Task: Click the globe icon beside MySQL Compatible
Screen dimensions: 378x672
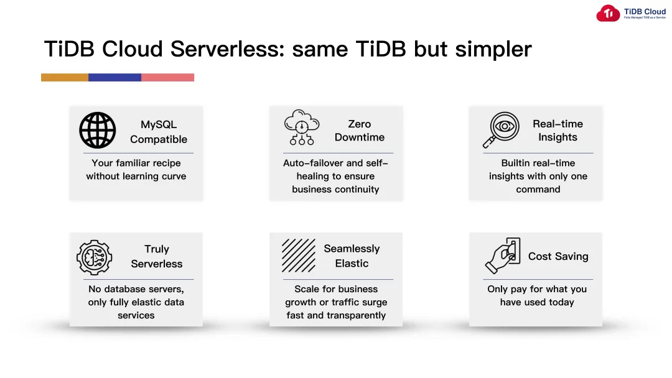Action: pyautogui.click(x=98, y=131)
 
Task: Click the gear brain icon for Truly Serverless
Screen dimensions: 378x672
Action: pyautogui.click(x=94, y=257)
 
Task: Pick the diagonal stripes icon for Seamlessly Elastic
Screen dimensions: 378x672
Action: pyautogui.click(x=299, y=256)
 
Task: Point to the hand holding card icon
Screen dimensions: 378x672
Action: pyautogui.click(x=502, y=256)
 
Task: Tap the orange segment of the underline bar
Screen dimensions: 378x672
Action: pyautogui.click(x=65, y=78)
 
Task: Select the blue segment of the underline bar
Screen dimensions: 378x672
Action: pyautogui.click(x=114, y=78)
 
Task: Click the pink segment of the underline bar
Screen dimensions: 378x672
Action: pyautogui.click(x=167, y=78)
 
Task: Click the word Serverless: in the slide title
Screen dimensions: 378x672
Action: pyautogui.click(x=226, y=49)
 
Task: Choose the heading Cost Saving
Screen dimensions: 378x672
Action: pyautogui.click(x=558, y=256)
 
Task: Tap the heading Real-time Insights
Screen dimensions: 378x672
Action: pyautogui.click(x=558, y=131)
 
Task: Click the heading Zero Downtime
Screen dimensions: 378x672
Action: pyautogui.click(x=359, y=131)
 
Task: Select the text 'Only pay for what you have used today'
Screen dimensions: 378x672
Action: pyautogui.click(x=536, y=295)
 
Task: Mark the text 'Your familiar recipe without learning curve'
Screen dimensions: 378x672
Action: pyautogui.click(x=136, y=170)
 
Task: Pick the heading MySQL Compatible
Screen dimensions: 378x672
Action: pyautogui.click(x=158, y=132)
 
